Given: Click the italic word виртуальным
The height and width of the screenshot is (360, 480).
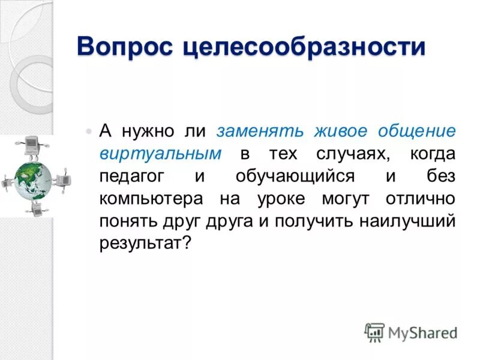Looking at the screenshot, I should point(160,154).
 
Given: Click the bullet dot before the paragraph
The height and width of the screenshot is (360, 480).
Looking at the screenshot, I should point(89,131).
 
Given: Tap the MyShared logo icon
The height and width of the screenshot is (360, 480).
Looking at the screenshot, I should point(374,332).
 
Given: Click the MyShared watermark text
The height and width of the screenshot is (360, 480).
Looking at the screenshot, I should point(422,332).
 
